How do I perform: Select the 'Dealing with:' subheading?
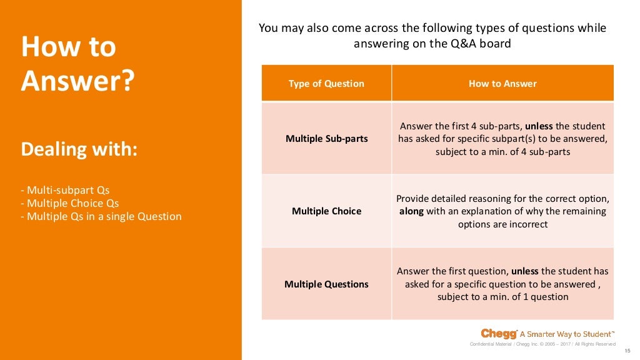[79, 149]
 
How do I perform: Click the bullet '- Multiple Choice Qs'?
[69, 203]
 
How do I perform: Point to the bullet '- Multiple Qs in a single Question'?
[101, 216]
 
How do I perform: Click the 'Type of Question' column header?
[326, 83]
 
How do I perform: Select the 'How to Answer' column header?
[502, 83]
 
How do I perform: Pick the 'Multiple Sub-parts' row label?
[326, 138]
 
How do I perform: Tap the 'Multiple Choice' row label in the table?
[326, 211]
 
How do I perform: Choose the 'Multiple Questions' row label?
[326, 284]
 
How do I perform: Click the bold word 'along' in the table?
[411, 211]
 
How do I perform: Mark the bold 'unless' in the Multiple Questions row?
[525, 271]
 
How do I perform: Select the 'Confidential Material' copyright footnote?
[542, 344]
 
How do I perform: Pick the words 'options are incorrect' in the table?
[502, 224]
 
